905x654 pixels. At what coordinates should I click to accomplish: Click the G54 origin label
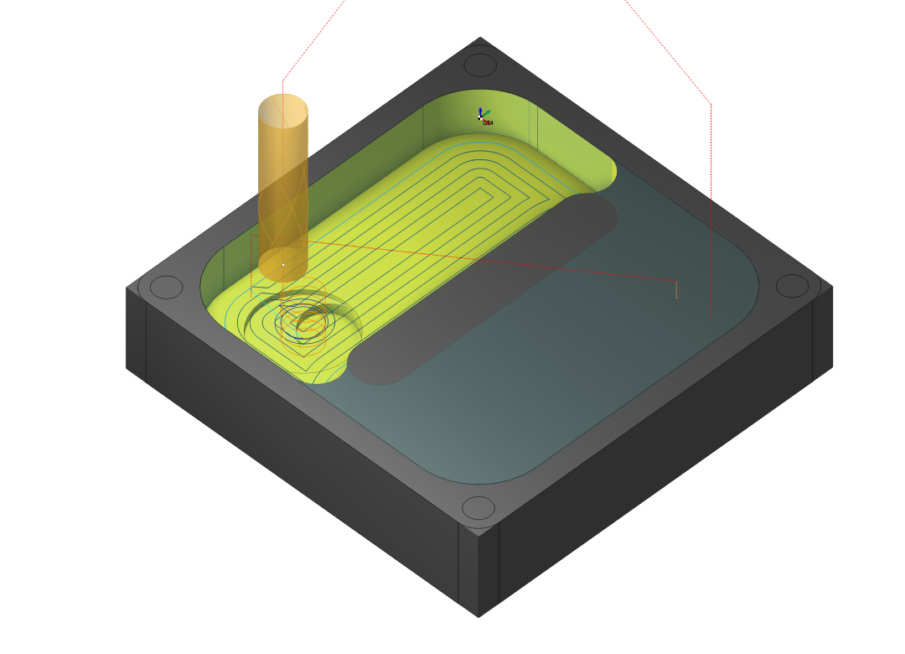pos(488,122)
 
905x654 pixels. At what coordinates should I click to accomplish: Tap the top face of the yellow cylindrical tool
pos(283,110)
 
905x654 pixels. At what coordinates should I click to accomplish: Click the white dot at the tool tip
pos(283,264)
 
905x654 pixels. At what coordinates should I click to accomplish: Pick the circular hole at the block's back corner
pos(480,65)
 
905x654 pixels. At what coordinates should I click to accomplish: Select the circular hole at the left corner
pos(166,287)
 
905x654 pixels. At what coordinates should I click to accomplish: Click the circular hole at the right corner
pos(792,286)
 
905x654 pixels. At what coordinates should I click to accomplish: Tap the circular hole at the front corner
pos(478,507)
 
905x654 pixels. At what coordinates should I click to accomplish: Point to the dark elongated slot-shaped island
pos(483,288)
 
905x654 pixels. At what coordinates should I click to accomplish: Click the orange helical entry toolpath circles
pos(302,319)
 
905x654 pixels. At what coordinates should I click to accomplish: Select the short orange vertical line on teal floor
pos(676,289)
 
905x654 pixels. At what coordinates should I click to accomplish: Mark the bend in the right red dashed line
pos(711,104)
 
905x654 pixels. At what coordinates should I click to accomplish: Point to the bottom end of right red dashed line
pos(711,317)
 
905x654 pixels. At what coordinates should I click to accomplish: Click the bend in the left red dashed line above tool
pos(283,80)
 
